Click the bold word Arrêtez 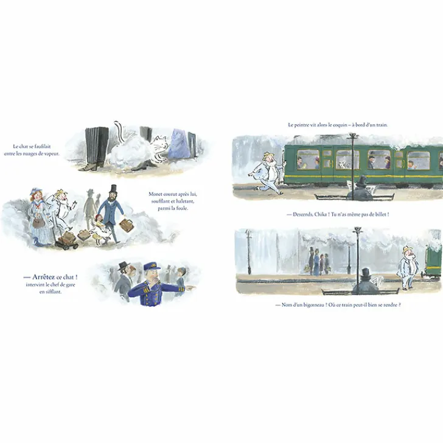(43, 277)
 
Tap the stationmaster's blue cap (152, 267)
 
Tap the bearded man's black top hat (113, 188)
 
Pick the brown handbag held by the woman (38, 222)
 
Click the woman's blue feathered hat (36, 190)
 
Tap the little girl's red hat (99, 217)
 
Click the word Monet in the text (155, 194)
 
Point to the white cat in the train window (342, 164)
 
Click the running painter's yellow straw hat (267, 156)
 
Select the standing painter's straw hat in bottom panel (408, 249)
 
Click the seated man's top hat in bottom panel (365, 273)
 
